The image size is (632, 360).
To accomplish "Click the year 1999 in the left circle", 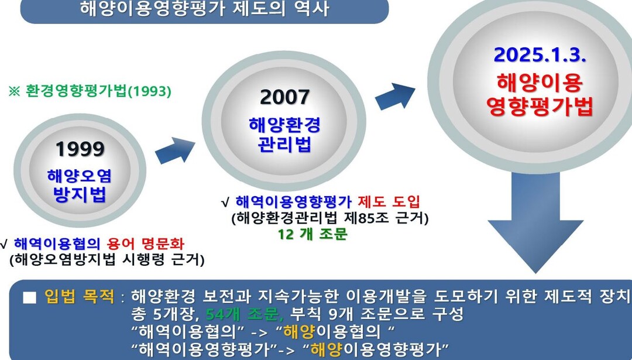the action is (80, 149).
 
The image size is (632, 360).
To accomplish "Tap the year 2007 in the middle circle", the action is (285, 97).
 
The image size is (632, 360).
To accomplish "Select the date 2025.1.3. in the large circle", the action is (540, 55).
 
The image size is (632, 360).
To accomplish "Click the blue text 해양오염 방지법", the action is (80, 186).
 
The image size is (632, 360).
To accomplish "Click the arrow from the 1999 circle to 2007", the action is (175, 150).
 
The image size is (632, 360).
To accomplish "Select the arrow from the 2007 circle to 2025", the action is (395, 96).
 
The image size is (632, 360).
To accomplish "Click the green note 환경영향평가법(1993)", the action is (90, 91).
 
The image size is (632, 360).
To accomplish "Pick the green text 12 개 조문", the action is (312, 234).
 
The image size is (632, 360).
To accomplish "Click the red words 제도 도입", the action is (389, 201).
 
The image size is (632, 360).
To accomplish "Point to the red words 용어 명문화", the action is (146, 244).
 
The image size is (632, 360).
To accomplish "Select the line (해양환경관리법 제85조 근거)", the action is (329, 218).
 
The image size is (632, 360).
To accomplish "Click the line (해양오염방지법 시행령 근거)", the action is (107, 260).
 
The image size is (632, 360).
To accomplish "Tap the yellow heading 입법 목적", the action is (80, 297).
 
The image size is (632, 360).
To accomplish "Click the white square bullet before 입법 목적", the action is (29, 297).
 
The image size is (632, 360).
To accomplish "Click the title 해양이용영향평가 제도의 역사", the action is (205, 8).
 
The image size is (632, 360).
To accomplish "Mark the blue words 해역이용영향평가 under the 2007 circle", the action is (293, 201).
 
